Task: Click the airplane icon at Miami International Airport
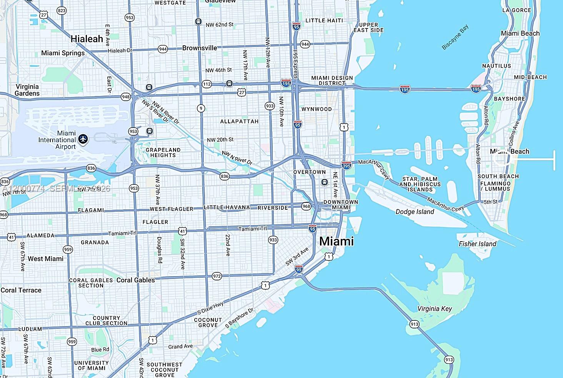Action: pyautogui.click(x=83, y=139)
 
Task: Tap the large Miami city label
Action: pyautogui.click(x=336, y=241)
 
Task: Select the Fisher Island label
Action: pyautogui.click(x=477, y=244)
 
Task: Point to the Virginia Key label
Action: pyautogui.click(x=435, y=308)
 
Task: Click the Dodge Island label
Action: pyautogui.click(x=415, y=212)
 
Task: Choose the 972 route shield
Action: pyautogui.click(x=217, y=276)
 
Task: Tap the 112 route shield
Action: pyautogui.click(x=207, y=84)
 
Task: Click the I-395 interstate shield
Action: pyautogui.click(x=346, y=166)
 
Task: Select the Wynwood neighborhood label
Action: pyautogui.click(x=316, y=109)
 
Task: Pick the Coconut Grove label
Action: pyautogui.click(x=208, y=322)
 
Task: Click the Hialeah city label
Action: pyautogui.click(x=87, y=39)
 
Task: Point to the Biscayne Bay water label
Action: pyautogui.click(x=455, y=37)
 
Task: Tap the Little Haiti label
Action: pyautogui.click(x=324, y=20)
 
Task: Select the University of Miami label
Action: pyautogui.click(x=92, y=365)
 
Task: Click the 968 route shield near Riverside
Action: pyautogui.click(x=306, y=206)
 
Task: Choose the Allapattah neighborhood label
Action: pyautogui.click(x=239, y=121)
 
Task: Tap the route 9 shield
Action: pyautogui.click(x=201, y=108)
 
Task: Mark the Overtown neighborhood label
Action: pyautogui.click(x=309, y=172)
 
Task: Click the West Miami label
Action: pyautogui.click(x=45, y=259)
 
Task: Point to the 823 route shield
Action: pyautogui.click(x=61, y=11)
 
